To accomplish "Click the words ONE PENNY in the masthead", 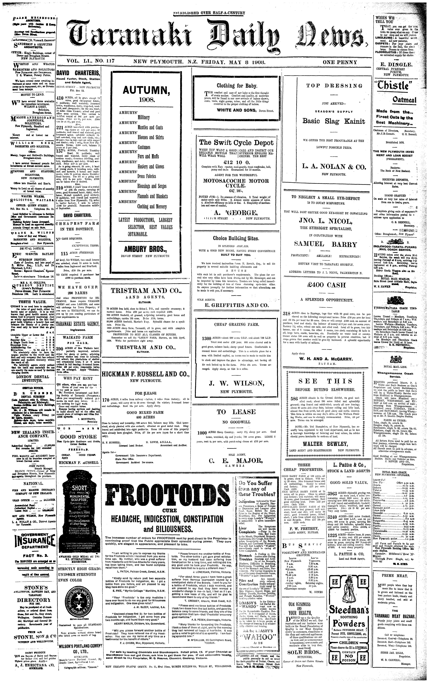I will coord(340,62).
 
